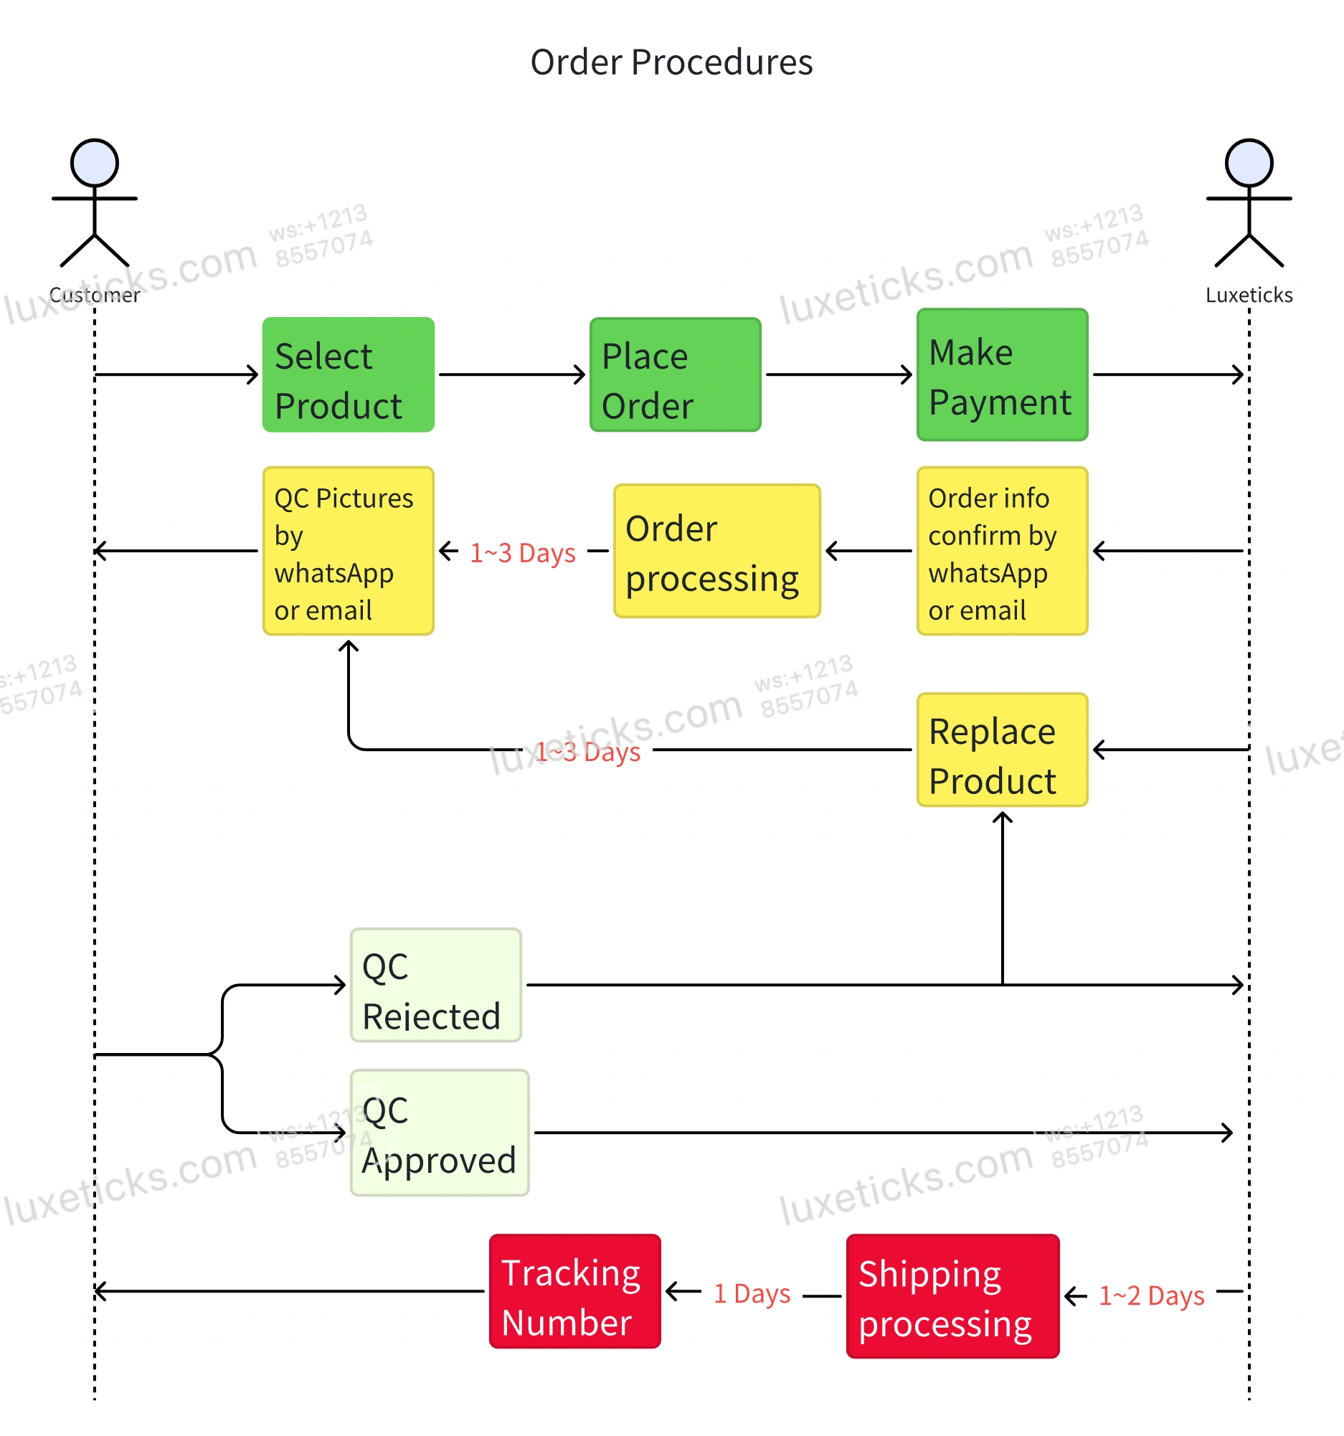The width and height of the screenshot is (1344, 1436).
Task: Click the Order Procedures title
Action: [x=671, y=62]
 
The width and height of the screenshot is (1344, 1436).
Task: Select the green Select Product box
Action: [x=348, y=375]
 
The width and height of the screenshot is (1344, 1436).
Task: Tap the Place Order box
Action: [x=675, y=375]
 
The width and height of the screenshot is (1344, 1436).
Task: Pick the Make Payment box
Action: [x=1002, y=375]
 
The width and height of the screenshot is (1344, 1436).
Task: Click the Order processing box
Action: [x=716, y=551]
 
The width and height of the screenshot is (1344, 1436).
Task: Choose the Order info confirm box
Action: [x=1002, y=551]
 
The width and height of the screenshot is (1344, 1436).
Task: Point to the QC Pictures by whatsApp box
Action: [x=348, y=551]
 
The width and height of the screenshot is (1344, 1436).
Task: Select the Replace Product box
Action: [x=1002, y=750]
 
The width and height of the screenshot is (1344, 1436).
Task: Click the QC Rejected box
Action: [x=435, y=986]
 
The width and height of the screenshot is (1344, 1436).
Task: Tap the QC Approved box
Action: [x=439, y=1133]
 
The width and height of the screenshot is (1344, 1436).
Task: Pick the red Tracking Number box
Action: [x=574, y=1292]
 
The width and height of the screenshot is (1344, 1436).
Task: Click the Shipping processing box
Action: [x=952, y=1297]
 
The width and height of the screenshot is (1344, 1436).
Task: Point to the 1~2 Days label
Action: [x=1151, y=1296]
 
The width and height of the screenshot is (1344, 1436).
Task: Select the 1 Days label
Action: [x=751, y=1294]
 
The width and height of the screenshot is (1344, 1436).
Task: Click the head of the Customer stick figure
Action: [x=95, y=163]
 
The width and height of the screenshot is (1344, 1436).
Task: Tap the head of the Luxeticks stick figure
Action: [x=1249, y=163]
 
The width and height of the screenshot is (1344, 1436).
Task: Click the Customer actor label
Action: [x=95, y=295]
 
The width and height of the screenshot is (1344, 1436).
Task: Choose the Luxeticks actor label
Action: [x=1249, y=295]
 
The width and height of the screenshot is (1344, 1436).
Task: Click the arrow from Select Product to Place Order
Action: [x=511, y=375]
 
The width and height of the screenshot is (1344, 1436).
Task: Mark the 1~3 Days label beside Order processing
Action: [x=522, y=553]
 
